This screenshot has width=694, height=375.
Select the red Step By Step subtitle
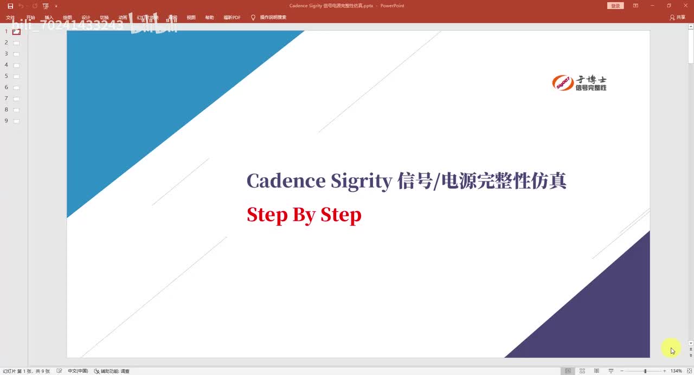pyautogui.click(x=304, y=215)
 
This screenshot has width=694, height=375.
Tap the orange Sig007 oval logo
pyautogui.click(x=563, y=83)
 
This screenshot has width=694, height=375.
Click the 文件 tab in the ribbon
pyautogui.click(x=10, y=17)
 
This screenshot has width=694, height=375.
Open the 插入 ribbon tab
pyautogui.click(x=49, y=17)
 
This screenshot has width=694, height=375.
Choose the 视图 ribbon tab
pyautogui.click(x=191, y=17)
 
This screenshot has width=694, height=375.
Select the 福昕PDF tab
pyautogui.click(x=232, y=17)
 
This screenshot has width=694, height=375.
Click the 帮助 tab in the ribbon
pyautogui.click(x=209, y=17)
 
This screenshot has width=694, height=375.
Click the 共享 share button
pyautogui.click(x=678, y=17)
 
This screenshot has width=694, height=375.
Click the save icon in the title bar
pyautogui.click(x=10, y=6)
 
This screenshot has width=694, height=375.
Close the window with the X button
pyautogui.click(x=685, y=5)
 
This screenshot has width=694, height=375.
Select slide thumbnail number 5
pyautogui.click(x=16, y=76)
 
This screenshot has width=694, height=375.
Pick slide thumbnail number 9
pyautogui.click(x=16, y=121)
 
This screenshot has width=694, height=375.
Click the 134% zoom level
pyautogui.click(x=676, y=371)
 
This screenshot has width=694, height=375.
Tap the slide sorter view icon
pyautogui.click(x=582, y=371)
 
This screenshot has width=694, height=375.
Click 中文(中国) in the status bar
pyautogui.click(x=78, y=371)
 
